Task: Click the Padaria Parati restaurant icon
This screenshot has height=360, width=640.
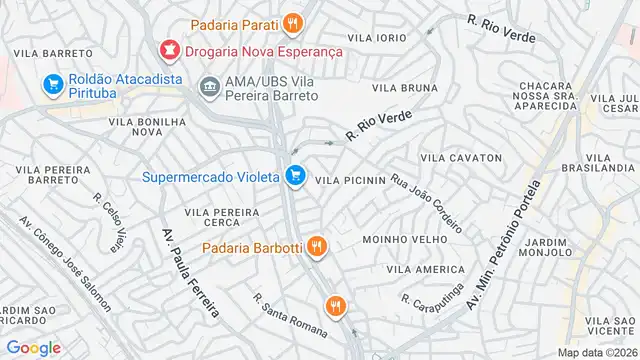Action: tap(291, 22)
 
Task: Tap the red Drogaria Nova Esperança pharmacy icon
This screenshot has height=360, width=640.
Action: tap(168, 48)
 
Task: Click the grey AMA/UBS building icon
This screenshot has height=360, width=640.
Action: tap(209, 86)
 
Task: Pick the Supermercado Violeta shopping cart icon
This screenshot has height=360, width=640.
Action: tap(294, 177)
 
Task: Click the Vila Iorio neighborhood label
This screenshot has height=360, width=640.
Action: tap(376, 37)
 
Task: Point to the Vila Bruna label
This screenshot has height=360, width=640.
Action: tap(405, 88)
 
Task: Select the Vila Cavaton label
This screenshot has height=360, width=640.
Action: tap(460, 158)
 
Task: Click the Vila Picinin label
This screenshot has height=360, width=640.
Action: tap(350, 180)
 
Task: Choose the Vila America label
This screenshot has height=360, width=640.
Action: tap(425, 270)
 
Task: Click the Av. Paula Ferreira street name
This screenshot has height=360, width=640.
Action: tap(189, 272)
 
